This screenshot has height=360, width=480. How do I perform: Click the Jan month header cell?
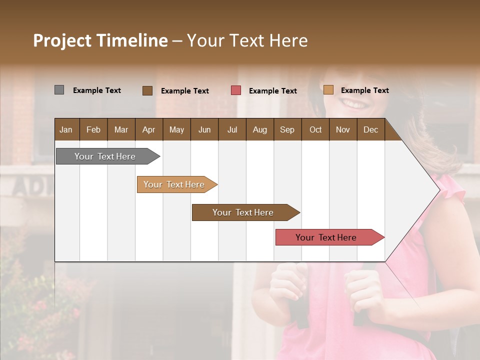click(x=66, y=129)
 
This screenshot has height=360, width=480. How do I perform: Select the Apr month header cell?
click(x=148, y=129)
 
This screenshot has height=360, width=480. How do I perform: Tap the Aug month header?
click(x=259, y=129)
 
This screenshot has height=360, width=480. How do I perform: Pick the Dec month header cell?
click(x=370, y=129)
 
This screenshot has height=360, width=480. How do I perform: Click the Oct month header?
click(x=315, y=129)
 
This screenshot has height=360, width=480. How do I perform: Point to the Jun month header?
click(x=204, y=129)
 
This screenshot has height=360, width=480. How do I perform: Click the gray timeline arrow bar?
click(x=105, y=156)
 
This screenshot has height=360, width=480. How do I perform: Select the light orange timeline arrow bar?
click(x=174, y=184)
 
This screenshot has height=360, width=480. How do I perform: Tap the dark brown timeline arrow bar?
click(x=243, y=212)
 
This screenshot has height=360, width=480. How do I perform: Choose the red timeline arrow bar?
click(x=326, y=237)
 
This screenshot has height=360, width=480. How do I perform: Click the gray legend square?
click(x=59, y=90)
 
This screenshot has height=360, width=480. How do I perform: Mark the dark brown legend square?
click(x=147, y=90)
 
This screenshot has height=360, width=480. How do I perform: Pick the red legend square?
click(x=235, y=90)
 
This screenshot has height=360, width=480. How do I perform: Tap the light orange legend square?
click(x=328, y=90)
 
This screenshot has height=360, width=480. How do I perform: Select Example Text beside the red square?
click(x=272, y=90)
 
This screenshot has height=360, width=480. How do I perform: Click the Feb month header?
click(x=93, y=129)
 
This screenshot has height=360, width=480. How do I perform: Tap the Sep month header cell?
click(x=287, y=129)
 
